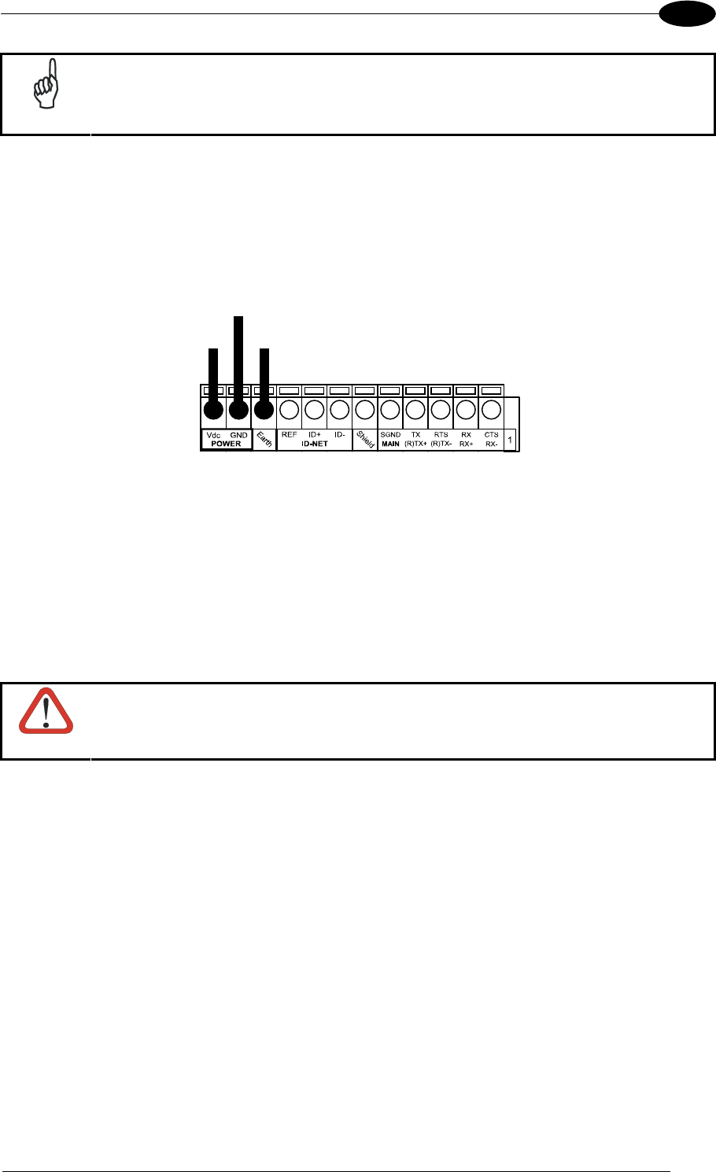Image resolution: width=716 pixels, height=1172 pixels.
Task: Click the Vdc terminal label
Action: [212, 435]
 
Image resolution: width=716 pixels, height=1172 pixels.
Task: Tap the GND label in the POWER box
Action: [238, 435]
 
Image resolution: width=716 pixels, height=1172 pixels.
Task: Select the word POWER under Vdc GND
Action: [226, 444]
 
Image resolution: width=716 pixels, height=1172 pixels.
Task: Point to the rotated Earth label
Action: [264, 440]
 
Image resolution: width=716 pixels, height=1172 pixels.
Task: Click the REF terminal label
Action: [289, 435]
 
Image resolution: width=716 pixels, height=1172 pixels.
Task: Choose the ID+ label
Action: [314, 435]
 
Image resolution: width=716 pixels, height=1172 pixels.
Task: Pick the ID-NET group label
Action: [314, 444]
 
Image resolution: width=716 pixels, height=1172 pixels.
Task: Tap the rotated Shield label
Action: [365, 440]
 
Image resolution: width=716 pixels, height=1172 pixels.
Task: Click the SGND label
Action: [390, 435]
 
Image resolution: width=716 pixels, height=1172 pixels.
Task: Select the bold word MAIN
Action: [390, 444]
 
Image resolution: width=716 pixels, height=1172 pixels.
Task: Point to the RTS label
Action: [441, 435]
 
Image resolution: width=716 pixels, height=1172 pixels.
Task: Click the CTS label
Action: [491, 435]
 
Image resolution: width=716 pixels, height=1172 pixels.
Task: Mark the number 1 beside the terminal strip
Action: [510, 440]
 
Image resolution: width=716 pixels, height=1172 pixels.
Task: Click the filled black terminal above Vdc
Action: [212, 410]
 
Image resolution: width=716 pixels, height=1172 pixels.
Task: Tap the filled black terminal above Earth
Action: [264, 410]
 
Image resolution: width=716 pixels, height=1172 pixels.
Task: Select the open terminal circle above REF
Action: [289, 410]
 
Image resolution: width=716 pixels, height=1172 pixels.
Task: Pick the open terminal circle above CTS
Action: [491, 410]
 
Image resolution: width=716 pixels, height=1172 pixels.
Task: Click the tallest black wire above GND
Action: [238, 354]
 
